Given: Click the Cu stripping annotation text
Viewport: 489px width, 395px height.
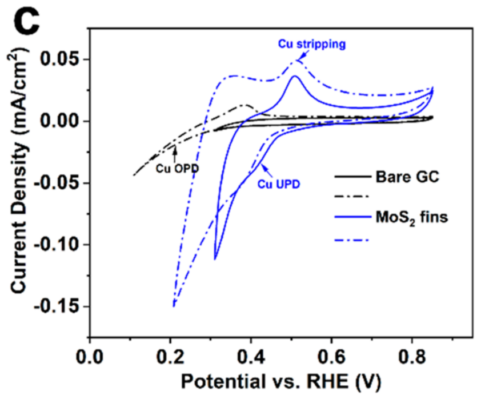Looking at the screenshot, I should (311, 44).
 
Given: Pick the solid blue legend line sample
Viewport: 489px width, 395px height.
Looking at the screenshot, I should (350, 217).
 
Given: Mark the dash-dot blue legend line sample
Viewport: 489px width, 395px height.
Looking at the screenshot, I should (350, 238).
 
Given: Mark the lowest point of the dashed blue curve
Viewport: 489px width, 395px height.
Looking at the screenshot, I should (173, 306).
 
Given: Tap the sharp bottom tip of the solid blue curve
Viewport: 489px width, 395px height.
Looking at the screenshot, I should (215, 259).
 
